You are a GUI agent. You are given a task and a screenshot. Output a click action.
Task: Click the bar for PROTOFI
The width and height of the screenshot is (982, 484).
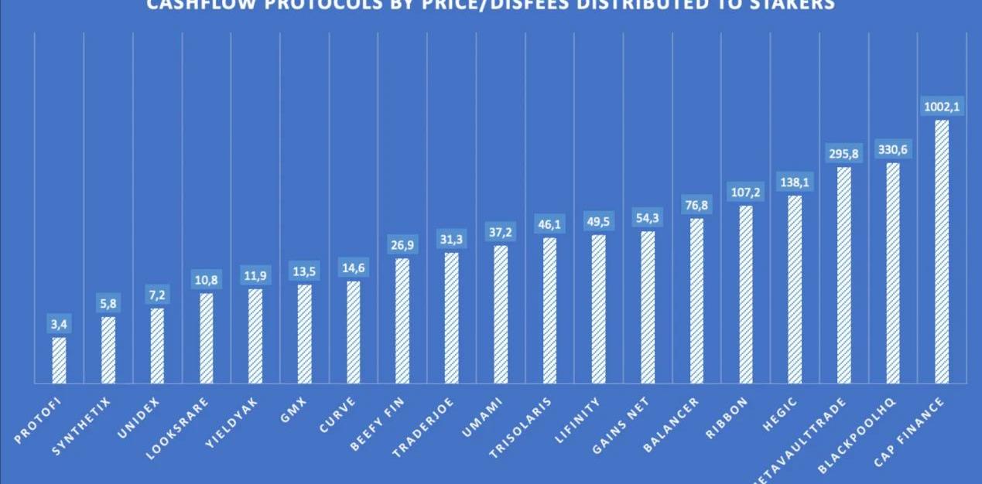[59, 360]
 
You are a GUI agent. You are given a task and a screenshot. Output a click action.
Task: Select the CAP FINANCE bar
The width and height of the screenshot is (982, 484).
[942, 251]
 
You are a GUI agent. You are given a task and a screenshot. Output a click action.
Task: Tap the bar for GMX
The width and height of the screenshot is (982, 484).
[305, 334]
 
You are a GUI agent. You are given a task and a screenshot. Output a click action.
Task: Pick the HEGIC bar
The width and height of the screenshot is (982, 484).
[795, 289]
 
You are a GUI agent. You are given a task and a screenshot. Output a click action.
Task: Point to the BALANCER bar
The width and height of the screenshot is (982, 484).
[696, 301]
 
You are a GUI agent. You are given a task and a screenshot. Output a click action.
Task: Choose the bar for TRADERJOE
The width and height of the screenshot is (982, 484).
[452, 318]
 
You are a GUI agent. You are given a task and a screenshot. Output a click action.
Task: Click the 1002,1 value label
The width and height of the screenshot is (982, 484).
[942, 107]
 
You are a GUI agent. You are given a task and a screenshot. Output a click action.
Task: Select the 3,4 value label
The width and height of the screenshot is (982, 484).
[59, 325]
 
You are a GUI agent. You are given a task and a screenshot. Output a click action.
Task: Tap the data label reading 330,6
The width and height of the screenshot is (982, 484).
[893, 150]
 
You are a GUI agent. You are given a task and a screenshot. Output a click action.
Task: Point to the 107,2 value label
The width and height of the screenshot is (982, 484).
[746, 193]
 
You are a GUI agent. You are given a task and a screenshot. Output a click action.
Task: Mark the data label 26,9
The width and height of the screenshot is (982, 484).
[402, 246]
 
